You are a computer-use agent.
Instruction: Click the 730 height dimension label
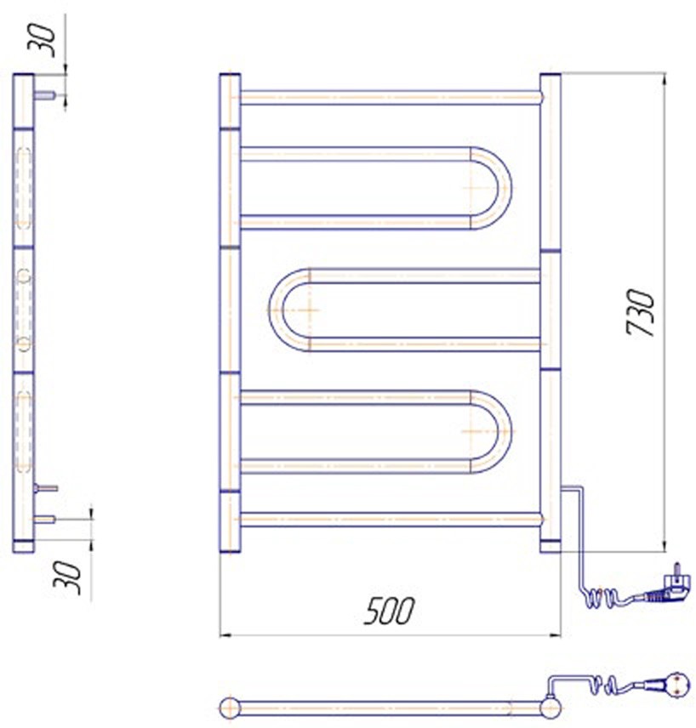640,312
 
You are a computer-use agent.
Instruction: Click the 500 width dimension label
389,611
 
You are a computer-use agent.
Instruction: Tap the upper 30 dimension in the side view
42,40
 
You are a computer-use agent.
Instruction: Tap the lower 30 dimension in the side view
67,577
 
